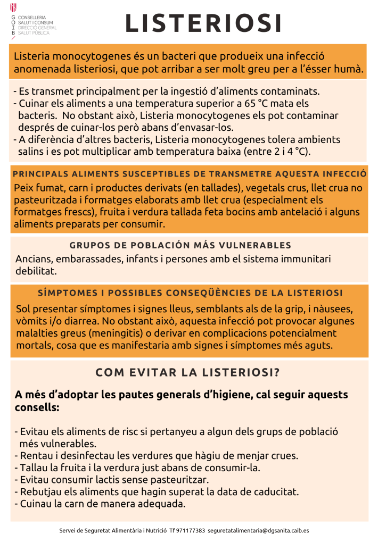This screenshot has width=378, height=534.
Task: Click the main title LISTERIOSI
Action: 203,23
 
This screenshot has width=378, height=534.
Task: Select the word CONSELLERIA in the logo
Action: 32,18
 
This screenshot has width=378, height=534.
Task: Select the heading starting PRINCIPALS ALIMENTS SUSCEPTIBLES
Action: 189,174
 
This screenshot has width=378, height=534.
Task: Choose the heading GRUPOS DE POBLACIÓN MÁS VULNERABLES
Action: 180,245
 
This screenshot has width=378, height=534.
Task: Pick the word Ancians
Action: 32,259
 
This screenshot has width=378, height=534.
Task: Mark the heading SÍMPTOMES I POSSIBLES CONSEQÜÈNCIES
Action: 190,293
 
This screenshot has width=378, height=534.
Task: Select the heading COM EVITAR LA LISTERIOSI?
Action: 187,373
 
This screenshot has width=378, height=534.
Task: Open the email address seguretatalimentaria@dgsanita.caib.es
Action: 258,530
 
